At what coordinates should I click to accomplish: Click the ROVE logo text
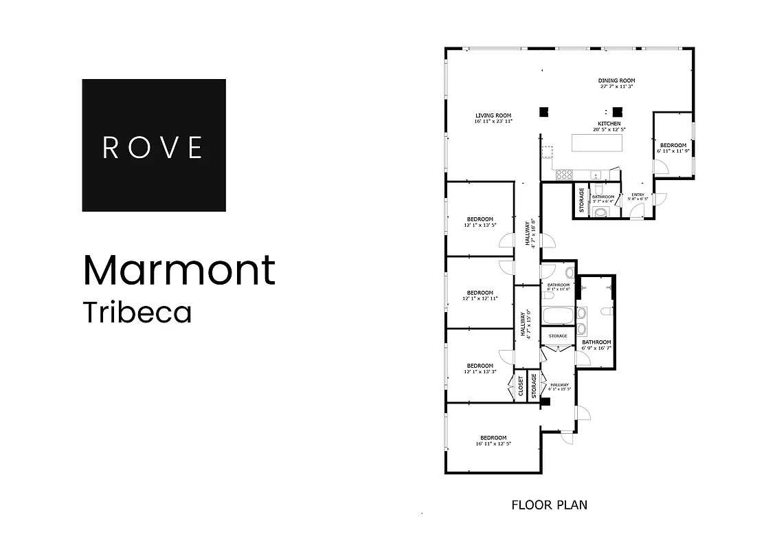pos(153,147)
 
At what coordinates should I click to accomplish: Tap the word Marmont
pos(179,270)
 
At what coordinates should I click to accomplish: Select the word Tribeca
pos(137,311)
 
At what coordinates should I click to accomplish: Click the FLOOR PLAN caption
pos(549,505)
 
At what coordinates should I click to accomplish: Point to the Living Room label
pos(493,115)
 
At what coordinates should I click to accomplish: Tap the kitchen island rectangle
pos(598,143)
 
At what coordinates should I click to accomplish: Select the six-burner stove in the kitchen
pos(564,175)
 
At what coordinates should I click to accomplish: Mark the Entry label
pos(638,195)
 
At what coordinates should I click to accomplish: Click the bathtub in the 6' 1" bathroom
pos(557,317)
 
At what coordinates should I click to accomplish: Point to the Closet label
pos(521,386)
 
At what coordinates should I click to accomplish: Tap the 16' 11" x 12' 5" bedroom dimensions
pos(493,444)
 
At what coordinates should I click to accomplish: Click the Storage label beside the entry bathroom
pos(581,199)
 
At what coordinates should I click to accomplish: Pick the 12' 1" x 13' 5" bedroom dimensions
pos(480,225)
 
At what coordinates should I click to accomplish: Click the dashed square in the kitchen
pos(547,153)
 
